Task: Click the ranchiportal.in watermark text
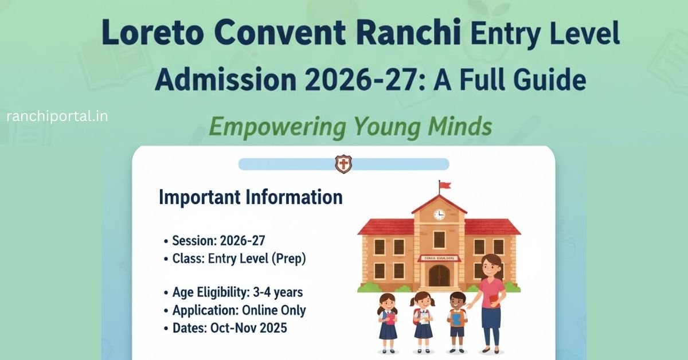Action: [x=57, y=116]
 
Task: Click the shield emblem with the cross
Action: [x=343, y=165]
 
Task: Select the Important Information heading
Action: [x=251, y=198]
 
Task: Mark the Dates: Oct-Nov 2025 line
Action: [x=229, y=329]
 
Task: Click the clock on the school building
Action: [x=439, y=214]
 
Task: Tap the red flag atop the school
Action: [x=445, y=185]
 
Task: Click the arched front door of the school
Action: [x=439, y=276]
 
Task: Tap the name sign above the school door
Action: [x=439, y=259]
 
